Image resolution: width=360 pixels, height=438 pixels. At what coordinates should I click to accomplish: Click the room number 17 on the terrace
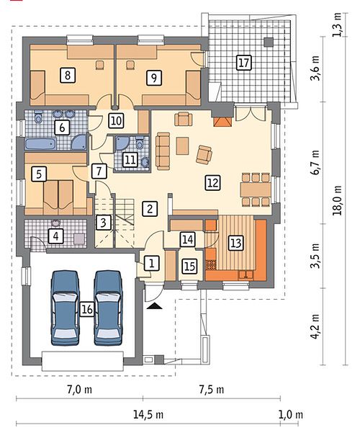(243, 62)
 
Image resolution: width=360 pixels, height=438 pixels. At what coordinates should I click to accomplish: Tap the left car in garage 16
(65, 308)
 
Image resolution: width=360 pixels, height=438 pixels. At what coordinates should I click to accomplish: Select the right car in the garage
(108, 308)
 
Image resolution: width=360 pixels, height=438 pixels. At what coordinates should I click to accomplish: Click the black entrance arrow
(155, 306)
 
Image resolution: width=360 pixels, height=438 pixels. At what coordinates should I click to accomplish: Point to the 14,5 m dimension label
(148, 414)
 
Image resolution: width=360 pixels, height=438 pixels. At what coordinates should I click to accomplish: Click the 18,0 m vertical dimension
(338, 200)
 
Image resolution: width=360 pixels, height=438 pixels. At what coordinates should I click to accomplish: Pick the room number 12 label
(213, 183)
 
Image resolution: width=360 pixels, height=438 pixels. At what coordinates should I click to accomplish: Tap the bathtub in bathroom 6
(41, 144)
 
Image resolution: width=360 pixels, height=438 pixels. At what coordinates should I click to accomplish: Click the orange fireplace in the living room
(222, 121)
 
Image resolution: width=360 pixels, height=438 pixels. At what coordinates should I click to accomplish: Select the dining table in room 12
(256, 189)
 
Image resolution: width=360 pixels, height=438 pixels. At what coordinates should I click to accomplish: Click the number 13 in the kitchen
(236, 242)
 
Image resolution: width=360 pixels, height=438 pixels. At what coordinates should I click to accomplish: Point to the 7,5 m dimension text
(212, 390)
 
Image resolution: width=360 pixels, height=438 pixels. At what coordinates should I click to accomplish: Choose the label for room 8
(68, 75)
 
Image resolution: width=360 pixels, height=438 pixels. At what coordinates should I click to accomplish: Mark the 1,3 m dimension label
(338, 24)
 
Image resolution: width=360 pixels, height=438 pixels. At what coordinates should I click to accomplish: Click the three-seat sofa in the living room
(163, 151)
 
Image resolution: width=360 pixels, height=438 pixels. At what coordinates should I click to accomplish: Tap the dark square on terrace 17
(269, 42)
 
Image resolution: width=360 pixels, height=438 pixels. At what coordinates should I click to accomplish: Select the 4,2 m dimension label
(315, 326)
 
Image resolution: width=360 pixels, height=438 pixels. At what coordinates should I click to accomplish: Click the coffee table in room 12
(182, 146)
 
